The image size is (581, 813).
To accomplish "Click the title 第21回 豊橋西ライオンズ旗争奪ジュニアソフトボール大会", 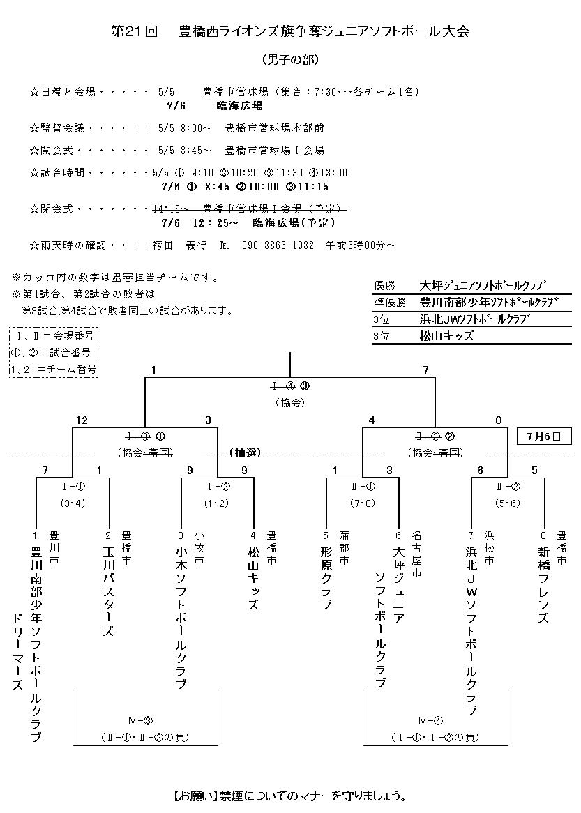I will click(290, 31).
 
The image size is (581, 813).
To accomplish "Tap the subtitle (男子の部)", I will click(290, 60).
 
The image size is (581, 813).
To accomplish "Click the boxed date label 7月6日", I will click(544, 437).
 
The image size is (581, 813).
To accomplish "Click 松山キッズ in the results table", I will click(446, 335).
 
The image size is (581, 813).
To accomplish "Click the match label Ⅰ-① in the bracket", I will click(73, 487).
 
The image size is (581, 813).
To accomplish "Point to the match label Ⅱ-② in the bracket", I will click(507, 487).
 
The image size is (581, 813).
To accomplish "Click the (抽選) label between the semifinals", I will click(245, 453).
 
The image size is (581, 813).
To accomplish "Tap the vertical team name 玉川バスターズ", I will click(107, 590).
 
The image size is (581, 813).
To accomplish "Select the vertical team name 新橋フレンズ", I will click(544, 584).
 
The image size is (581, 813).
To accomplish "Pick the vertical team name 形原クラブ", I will click(325, 577).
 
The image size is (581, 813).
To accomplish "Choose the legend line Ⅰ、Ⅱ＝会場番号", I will click(55, 335).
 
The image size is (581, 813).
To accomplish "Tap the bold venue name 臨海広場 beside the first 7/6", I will click(239, 106).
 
